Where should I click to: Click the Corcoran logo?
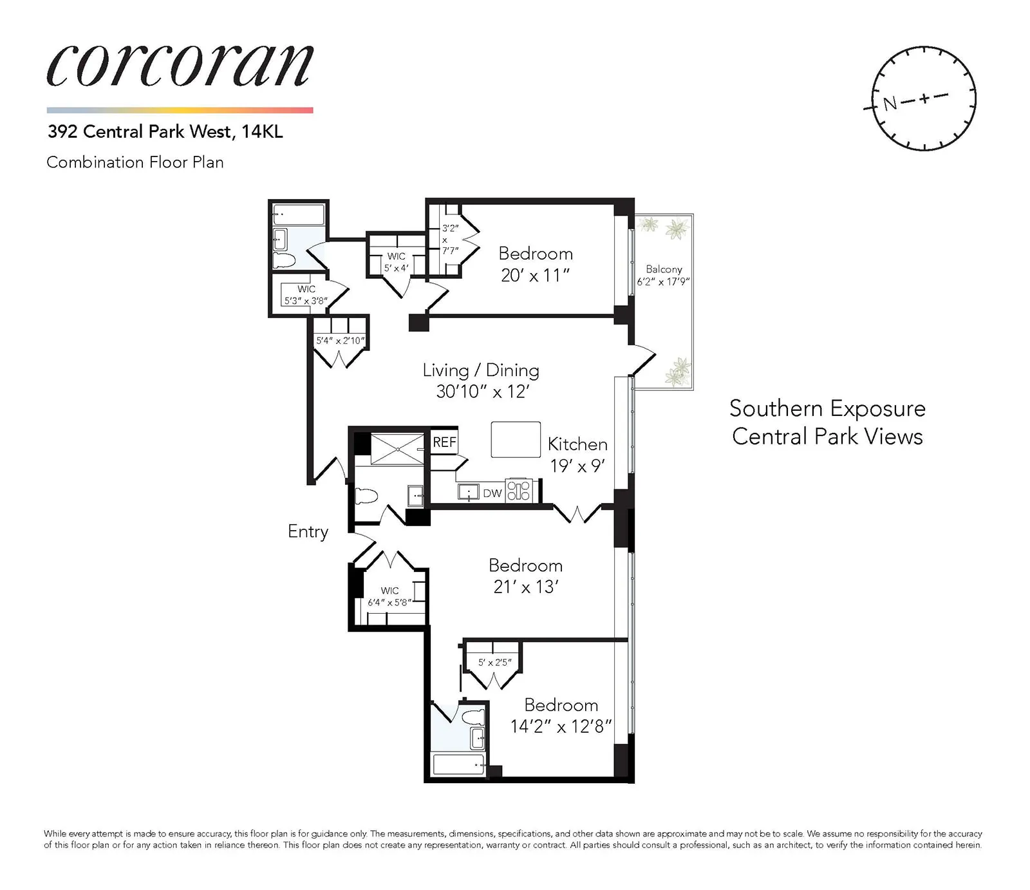click(x=180, y=66)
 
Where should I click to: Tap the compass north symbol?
click(x=890, y=102)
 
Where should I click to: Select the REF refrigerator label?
click(x=444, y=442)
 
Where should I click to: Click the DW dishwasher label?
click(x=492, y=493)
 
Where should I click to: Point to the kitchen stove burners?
click(x=518, y=490)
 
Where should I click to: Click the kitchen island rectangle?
click(x=516, y=439)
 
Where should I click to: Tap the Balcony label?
click(x=664, y=269)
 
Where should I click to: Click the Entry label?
click(x=308, y=531)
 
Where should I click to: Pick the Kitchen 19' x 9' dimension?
click(x=577, y=466)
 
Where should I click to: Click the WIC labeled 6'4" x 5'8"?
click(x=389, y=597)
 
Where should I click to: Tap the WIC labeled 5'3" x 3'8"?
click(x=306, y=295)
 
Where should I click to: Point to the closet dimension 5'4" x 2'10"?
click(x=340, y=341)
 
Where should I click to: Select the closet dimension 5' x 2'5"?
click(x=494, y=662)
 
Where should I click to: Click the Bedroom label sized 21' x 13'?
click(x=525, y=565)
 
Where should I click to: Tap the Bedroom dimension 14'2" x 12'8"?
click(x=561, y=727)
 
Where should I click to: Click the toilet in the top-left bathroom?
click(x=284, y=260)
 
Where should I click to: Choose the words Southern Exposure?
click(x=827, y=408)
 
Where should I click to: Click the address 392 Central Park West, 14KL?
click(x=165, y=132)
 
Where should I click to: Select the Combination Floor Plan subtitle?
click(x=135, y=162)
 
